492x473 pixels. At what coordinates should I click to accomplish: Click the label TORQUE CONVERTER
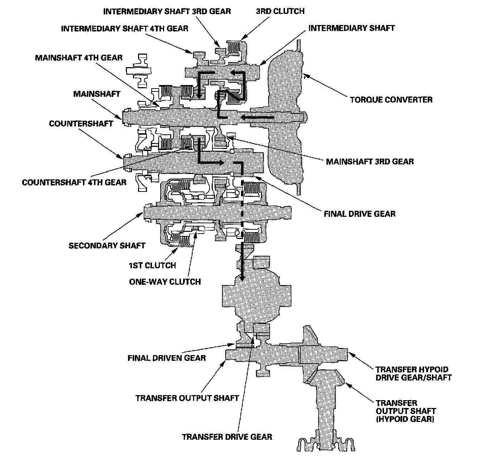(391, 99)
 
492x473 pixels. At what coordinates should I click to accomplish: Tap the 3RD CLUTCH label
(280, 11)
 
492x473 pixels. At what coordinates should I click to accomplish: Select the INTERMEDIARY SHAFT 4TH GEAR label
(124, 28)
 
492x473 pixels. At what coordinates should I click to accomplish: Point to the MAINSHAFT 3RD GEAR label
(370, 161)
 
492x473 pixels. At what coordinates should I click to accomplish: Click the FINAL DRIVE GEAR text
(359, 214)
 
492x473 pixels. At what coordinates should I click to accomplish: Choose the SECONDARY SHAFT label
(107, 245)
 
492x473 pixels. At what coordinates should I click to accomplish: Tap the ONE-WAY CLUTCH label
(165, 282)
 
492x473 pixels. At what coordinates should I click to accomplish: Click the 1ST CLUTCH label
(152, 265)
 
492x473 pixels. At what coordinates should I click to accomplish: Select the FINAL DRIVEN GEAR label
(167, 358)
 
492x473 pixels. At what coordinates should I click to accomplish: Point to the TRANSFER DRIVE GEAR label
(227, 437)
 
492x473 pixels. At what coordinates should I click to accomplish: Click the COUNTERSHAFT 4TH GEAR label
(74, 183)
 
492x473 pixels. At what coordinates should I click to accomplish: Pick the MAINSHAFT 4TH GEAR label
(79, 58)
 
